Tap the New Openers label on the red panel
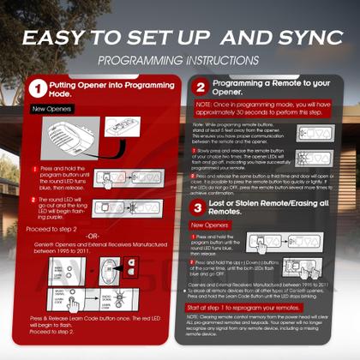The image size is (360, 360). [51, 110]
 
